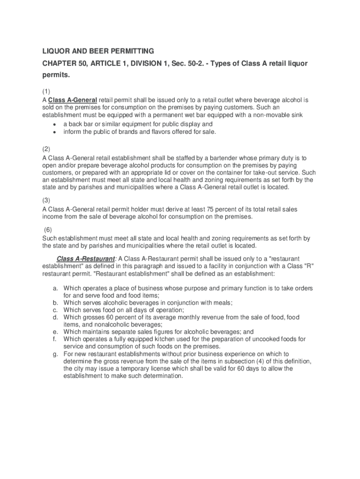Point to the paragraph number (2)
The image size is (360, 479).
46,149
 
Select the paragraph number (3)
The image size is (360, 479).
46,200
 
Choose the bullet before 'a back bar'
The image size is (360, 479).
55,124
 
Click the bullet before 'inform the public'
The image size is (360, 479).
55,132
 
